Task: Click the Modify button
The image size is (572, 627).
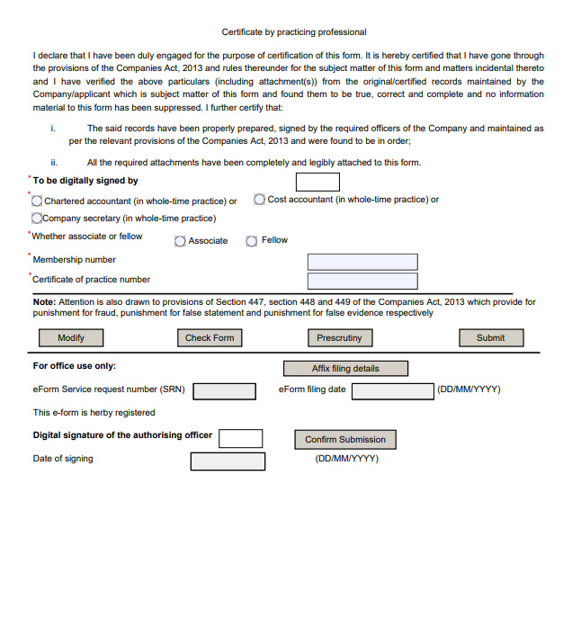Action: click(70, 338)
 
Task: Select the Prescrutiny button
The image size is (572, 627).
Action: click(339, 338)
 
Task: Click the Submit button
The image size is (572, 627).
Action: click(490, 338)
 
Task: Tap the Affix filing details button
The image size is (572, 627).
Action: click(345, 369)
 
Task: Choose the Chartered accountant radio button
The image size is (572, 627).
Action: click(38, 201)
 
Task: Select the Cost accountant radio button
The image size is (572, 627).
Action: click(259, 200)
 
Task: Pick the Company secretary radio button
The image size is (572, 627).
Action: click(37, 218)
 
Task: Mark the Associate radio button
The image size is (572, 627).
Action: click(180, 241)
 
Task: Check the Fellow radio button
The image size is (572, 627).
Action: click(252, 241)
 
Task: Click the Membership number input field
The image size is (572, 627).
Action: click(362, 262)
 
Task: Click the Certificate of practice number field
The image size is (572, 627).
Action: click(362, 282)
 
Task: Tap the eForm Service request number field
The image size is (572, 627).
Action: click(225, 391)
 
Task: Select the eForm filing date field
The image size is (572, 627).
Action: click(392, 391)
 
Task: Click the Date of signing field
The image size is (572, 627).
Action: click(228, 461)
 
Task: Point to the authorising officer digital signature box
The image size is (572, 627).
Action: click(241, 438)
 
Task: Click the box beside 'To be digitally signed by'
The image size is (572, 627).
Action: click(317, 182)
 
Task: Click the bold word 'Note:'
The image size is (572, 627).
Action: click(45, 303)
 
